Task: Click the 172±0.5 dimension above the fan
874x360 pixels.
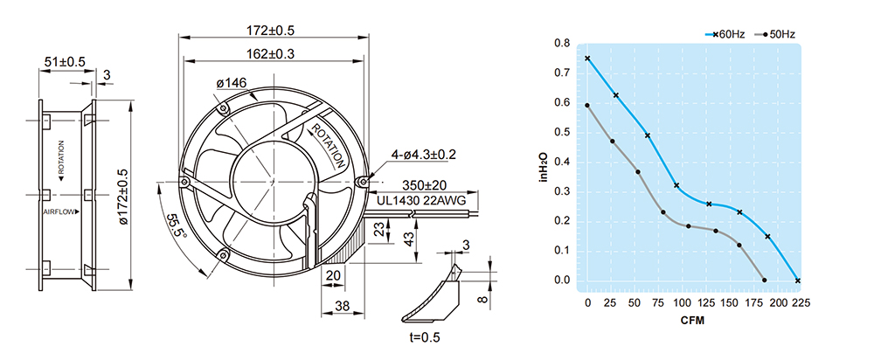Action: tap(271, 31)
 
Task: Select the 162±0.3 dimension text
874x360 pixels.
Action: tap(271, 53)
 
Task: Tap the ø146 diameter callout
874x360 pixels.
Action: tap(232, 84)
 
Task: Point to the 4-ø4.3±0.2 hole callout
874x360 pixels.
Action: tap(425, 155)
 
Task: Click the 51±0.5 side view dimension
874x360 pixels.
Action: tap(64, 62)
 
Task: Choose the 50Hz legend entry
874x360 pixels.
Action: tap(780, 34)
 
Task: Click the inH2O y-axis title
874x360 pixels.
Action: tap(543, 165)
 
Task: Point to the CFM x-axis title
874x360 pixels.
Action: tap(693, 321)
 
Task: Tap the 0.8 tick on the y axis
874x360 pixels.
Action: tap(562, 43)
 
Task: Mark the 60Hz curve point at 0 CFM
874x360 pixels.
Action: tap(587, 59)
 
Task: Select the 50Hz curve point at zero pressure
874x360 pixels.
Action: tap(765, 280)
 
